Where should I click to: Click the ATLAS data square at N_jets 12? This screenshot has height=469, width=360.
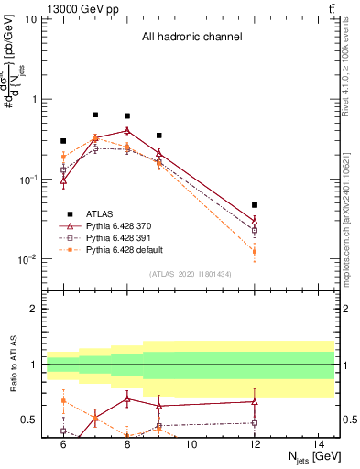click(x=255, y=205)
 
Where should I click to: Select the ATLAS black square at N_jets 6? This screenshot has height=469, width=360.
click(x=63, y=141)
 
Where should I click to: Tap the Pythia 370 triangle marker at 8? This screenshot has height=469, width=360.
click(x=127, y=130)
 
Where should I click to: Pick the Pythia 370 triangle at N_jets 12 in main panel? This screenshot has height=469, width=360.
click(x=255, y=221)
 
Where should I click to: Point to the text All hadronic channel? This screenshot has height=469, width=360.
click(x=191, y=37)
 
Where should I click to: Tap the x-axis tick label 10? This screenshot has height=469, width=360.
click(x=191, y=444)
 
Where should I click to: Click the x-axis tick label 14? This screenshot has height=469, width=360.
click(x=318, y=444)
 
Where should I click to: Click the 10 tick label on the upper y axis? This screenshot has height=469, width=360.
click(x=31, y=19)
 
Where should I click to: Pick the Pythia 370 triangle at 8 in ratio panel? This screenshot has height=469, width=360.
click(x=127, y=399)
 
